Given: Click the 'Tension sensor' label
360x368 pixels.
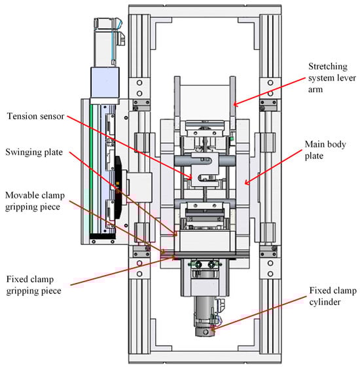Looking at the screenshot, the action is (x=35, y=116).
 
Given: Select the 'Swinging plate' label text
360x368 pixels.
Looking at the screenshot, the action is (x=34, y=152).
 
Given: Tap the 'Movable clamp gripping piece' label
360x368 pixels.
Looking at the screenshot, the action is (x=35, y=201).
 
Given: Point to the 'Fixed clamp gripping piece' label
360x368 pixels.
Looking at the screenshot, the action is (x=33, y=285).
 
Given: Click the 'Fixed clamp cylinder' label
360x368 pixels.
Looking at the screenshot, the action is (x=333, y=296).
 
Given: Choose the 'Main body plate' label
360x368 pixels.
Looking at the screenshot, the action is (x=325, y=150).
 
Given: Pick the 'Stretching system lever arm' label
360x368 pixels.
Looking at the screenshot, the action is (x=332, y=78).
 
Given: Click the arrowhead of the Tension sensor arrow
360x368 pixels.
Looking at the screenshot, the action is (x=190, y=177).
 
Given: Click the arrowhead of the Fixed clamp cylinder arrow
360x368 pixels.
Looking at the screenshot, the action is (x=213, y=329).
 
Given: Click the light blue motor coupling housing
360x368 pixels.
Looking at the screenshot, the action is (x=105, y=83).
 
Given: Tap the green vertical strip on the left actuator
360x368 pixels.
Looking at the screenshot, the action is (x=91, y=169).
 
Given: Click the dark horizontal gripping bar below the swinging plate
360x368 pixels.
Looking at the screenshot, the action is (x=204, y=255).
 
